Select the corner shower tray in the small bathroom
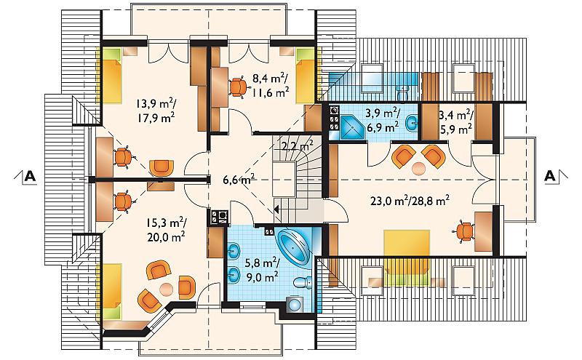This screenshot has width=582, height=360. (352, 127)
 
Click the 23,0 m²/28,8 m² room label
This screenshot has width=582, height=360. (410, 201)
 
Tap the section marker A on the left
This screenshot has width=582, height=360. (30, 176)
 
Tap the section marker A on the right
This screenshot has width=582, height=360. (550, 176)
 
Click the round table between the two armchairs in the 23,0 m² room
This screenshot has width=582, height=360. (419, 169)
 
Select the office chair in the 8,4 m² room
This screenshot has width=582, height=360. (237, 87)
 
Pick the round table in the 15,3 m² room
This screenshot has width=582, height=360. (166, 289)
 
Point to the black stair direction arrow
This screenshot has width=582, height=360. (276, 209)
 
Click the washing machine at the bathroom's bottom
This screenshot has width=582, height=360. (295, 305)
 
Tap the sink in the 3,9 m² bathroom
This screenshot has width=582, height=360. (411, 123)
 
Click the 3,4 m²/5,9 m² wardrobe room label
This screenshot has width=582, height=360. (455, 122)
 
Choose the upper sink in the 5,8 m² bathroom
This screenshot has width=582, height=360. (234, 251)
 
